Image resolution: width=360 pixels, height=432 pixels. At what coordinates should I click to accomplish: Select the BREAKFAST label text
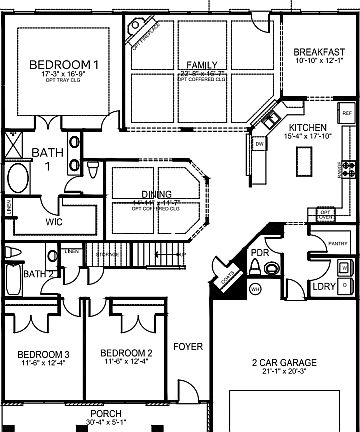click(318, 53)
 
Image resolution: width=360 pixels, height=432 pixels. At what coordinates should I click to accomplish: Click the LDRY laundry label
click(324, 287)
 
